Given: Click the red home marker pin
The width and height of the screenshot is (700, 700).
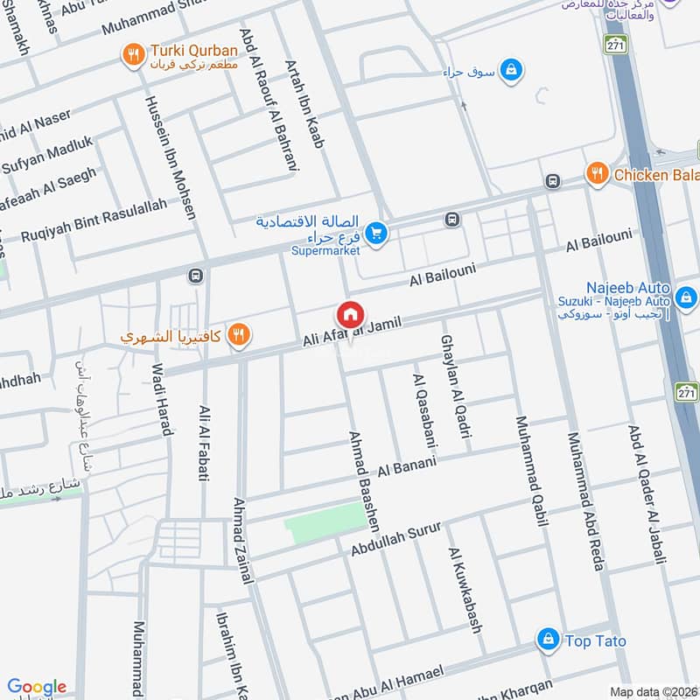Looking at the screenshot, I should [x=350, y=315].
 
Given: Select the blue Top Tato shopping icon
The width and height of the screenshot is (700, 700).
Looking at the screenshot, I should [x=549, y=640].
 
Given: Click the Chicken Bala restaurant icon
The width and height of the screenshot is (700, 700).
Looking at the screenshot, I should [x=597, y=173].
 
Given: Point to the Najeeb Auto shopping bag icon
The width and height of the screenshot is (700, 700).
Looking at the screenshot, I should [x=687, y=299].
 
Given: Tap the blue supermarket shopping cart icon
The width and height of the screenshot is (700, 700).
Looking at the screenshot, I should [x=377, y=233].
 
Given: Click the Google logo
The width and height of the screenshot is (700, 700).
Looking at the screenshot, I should [x=37, y=687].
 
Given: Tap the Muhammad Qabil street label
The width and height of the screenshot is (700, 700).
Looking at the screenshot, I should [x=531, y=470].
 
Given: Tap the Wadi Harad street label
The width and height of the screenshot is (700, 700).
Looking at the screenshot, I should [x=162, y=399].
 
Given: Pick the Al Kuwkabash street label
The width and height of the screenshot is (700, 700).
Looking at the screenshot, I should [x=465, y=591].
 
